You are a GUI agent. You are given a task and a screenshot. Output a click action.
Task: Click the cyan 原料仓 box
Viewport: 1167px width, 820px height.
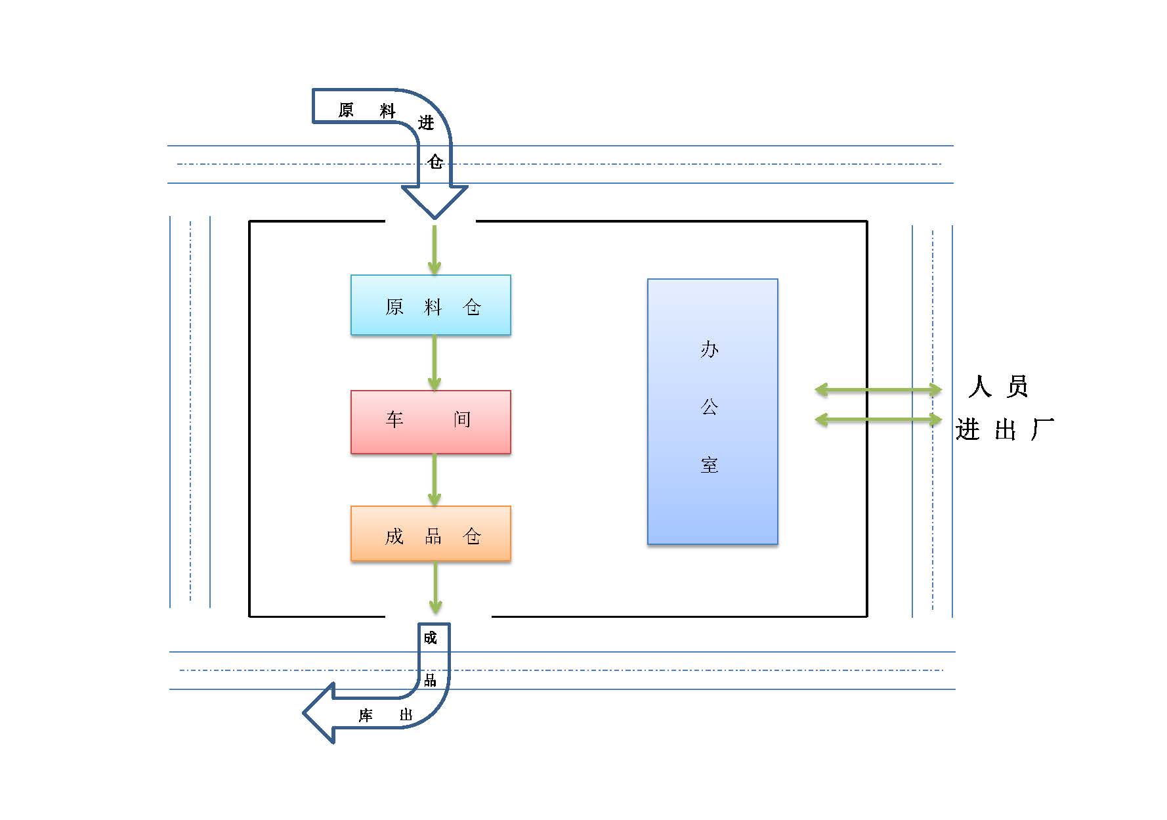pos(431,305)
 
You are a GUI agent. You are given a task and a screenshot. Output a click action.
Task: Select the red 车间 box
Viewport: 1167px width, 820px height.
pos(431,422)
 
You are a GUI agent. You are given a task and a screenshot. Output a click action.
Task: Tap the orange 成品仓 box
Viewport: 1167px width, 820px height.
pos(431,533)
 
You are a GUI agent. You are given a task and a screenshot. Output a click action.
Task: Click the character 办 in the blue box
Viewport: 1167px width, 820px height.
pos(710,349)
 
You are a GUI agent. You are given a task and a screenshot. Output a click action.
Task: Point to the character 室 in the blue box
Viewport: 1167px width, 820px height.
pos(710,465)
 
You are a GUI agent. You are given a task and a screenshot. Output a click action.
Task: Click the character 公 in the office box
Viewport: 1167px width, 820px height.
pos(710,407)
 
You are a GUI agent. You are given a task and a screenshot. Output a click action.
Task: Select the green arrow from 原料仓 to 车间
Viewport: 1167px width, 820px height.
pos(434,362)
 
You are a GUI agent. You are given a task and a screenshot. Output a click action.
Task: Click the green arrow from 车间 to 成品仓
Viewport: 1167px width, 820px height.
pos(434,479)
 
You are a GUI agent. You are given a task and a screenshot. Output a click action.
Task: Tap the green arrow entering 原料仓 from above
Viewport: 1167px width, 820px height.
pos(434,250)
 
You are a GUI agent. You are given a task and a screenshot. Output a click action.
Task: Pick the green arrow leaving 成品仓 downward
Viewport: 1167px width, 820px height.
pos(435,588)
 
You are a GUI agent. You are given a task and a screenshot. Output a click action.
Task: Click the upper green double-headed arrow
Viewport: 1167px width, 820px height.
pos(878,390)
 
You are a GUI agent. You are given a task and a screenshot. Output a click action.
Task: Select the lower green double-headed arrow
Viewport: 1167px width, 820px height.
pos(878,419)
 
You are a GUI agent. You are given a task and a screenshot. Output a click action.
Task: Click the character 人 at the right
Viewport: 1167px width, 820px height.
pos(979,387)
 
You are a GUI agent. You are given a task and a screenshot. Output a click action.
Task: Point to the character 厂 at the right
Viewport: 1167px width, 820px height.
pos(1042,430)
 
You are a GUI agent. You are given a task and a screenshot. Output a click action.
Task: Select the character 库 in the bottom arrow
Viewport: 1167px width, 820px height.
pos(366,715)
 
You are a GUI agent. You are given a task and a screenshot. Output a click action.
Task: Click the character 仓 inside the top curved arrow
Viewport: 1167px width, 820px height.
pos(435,162)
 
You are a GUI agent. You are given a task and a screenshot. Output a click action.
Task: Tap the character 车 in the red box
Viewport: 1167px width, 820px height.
pos(394,420)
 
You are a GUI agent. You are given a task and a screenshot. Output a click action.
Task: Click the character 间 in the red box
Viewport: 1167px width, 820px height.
pos(462,420)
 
